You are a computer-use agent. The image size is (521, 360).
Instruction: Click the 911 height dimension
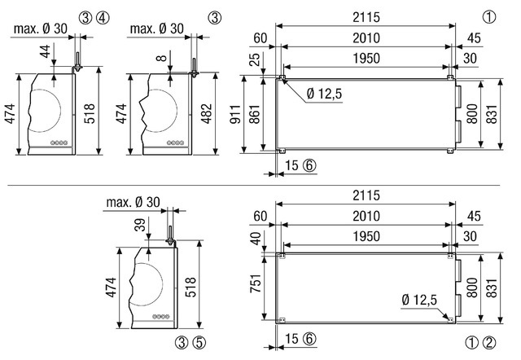[235, 114]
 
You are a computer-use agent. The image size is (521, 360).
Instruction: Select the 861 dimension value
[255, 114]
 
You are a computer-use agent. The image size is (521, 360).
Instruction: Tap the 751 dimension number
[255, 283]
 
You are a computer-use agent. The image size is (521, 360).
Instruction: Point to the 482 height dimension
[207, 114]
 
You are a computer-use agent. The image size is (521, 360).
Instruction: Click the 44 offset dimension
[46, 51]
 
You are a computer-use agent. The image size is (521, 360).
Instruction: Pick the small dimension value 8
[161, 58]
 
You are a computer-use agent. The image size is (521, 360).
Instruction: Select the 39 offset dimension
[141, 225]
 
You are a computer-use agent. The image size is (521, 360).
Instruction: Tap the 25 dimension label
[255, 59]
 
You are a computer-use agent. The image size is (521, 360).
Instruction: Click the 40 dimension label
[256, 239]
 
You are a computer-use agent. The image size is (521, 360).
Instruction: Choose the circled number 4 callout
[103, 18]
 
